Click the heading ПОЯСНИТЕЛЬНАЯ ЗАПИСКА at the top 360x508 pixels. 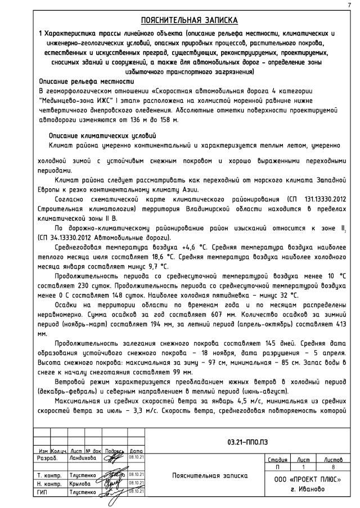189,20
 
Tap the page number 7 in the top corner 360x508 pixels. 350,5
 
